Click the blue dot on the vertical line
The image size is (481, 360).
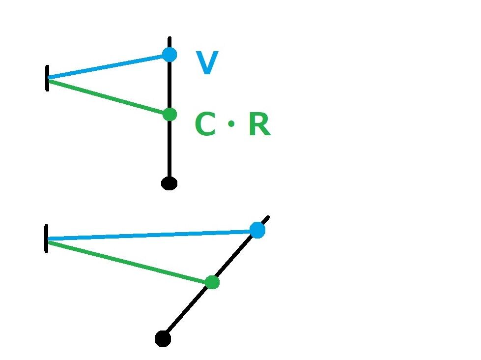(170, 54)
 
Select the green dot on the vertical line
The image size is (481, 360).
(170, 114)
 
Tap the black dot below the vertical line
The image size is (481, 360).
(169, 183)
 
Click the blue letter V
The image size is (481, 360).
(207, 63)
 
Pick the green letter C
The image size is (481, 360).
(205, 125)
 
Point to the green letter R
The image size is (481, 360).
(259, 125)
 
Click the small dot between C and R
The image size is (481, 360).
(232, 125)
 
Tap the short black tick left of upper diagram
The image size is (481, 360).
(47, 78)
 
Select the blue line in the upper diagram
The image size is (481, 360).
(108, 66)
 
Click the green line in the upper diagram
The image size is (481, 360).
(108, 97)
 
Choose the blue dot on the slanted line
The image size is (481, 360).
(257, 230)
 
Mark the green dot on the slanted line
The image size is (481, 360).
(212, 282)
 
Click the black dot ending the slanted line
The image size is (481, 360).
(163, 339)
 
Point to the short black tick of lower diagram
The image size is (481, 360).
(46, 239)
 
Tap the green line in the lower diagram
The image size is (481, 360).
(128, 261)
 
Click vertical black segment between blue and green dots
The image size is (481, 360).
(170, 84)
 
